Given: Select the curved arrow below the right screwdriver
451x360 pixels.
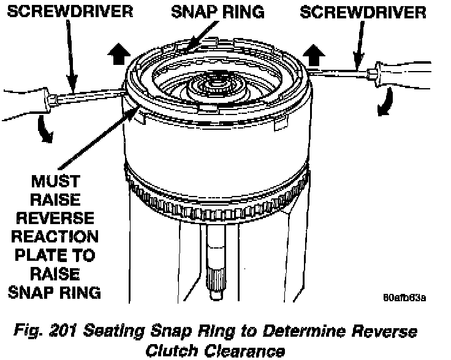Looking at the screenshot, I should (386, 101).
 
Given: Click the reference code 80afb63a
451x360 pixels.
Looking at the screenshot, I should (405, 298).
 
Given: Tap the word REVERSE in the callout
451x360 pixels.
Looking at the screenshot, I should (54, 217).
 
